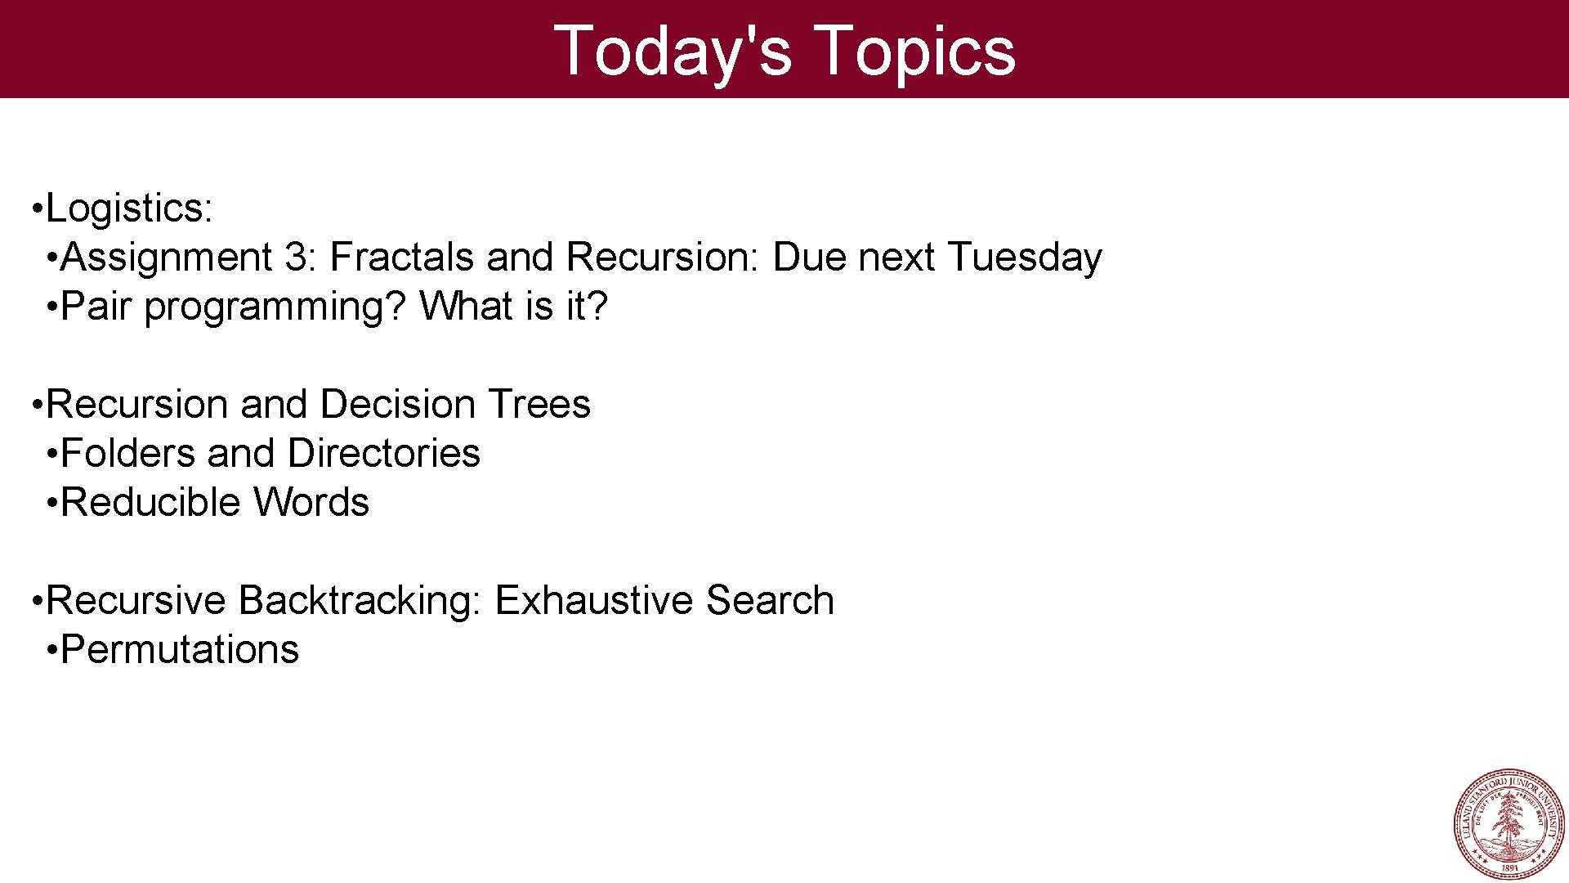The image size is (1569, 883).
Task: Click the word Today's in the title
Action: [673, 51]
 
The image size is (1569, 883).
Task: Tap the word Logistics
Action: [129, 208]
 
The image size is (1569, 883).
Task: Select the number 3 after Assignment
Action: [296, 258]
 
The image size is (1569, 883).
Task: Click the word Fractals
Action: [401, 258]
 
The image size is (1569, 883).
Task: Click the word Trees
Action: [539, 405]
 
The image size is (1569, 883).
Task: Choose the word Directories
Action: [383, 454]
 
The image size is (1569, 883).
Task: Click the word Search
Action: [769, 601]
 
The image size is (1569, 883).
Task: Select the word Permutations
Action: [180, 650]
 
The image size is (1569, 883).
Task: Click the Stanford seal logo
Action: [1509, 824]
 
